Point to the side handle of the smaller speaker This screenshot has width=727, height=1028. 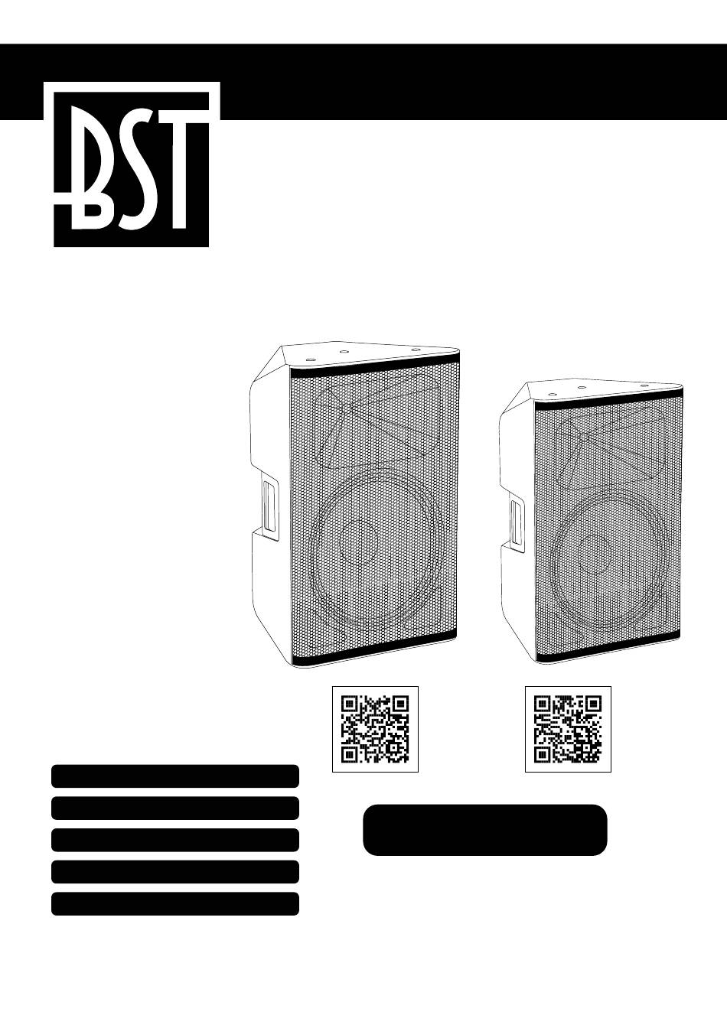point(517,522)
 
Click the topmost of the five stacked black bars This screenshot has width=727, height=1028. point(175,776)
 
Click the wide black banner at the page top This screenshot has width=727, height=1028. point(473,82)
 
